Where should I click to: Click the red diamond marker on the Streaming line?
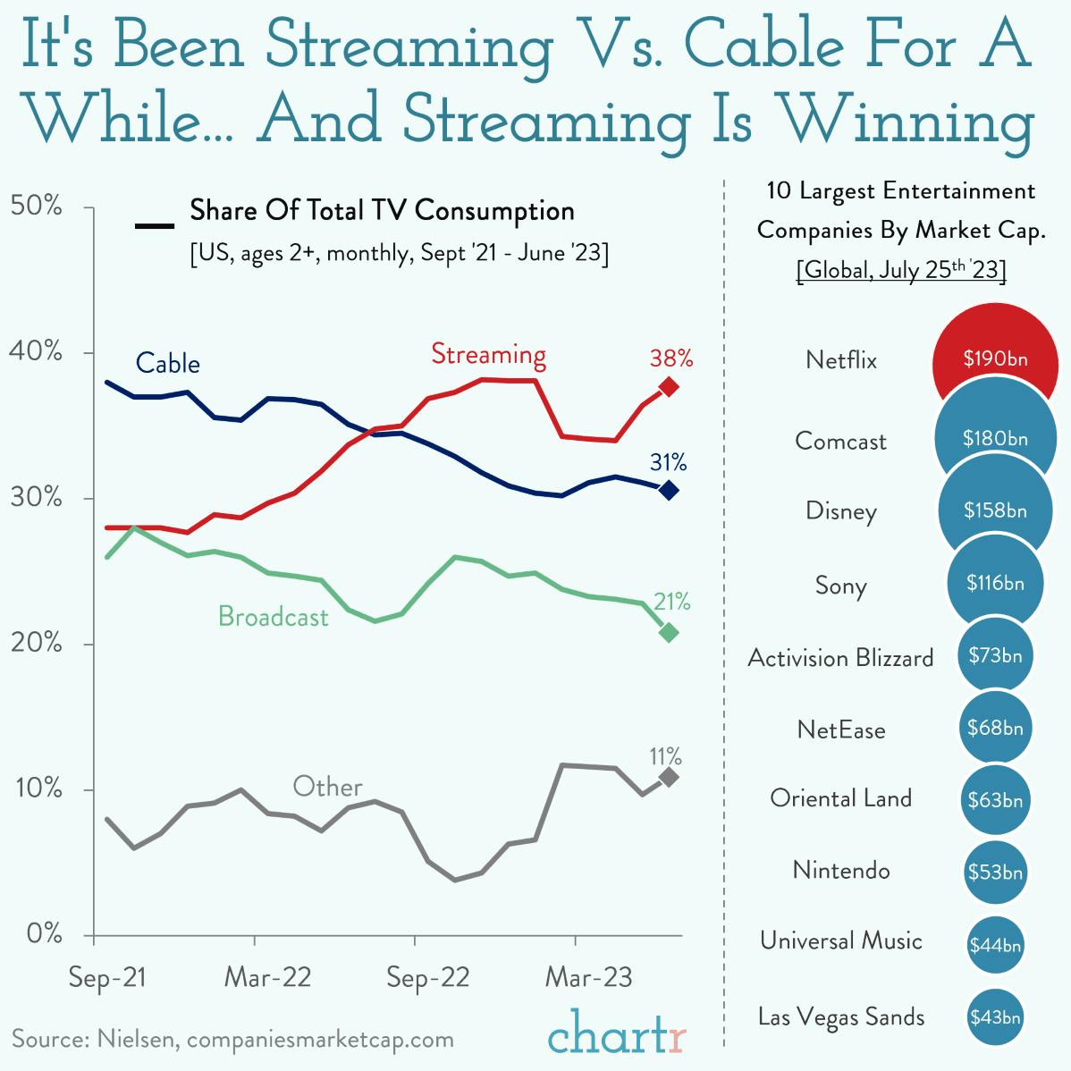pos(668,387)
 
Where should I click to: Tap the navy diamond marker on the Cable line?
pos(668,490)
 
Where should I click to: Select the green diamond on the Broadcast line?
pos(668,632)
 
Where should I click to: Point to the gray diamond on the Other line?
pos(668,778)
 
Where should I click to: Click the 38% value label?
pos(671,358)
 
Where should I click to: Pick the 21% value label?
pos(670,602)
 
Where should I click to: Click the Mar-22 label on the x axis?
pos(267,977)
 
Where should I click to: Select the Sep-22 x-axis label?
pos(427,977)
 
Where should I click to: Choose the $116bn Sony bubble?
pos(995,583)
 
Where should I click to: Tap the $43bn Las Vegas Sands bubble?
pos(995,1016)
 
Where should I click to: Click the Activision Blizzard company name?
pos(840,658)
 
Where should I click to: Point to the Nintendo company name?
pos(841,870)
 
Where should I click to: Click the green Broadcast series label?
pos(273,616)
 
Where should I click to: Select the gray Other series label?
pos(327,787)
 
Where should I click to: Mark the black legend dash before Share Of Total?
pos(154,224)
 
